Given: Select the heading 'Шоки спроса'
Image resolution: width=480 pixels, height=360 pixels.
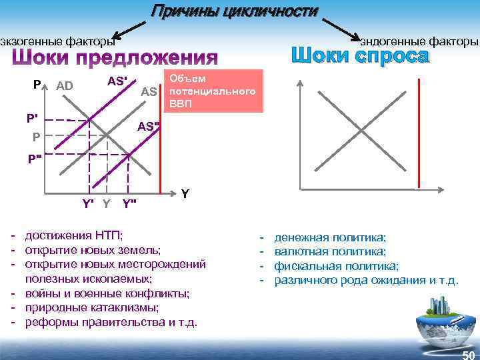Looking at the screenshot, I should [x=360, y=56].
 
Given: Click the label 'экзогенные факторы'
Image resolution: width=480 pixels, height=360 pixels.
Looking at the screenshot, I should [x=57, y=41].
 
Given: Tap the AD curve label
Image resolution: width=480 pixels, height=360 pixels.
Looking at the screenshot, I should [x=65, y=85].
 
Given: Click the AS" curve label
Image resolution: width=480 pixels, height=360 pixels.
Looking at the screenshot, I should [x=149, y=127].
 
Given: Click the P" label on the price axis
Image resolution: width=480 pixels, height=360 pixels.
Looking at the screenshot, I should [x=34, y=159].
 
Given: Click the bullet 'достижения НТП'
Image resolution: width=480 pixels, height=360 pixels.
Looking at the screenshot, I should [x=74, y=236].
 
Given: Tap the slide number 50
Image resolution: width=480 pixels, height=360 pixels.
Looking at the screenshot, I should [x=468, y=354].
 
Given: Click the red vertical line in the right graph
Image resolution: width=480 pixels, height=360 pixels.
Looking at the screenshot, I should [x=418, y=133].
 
